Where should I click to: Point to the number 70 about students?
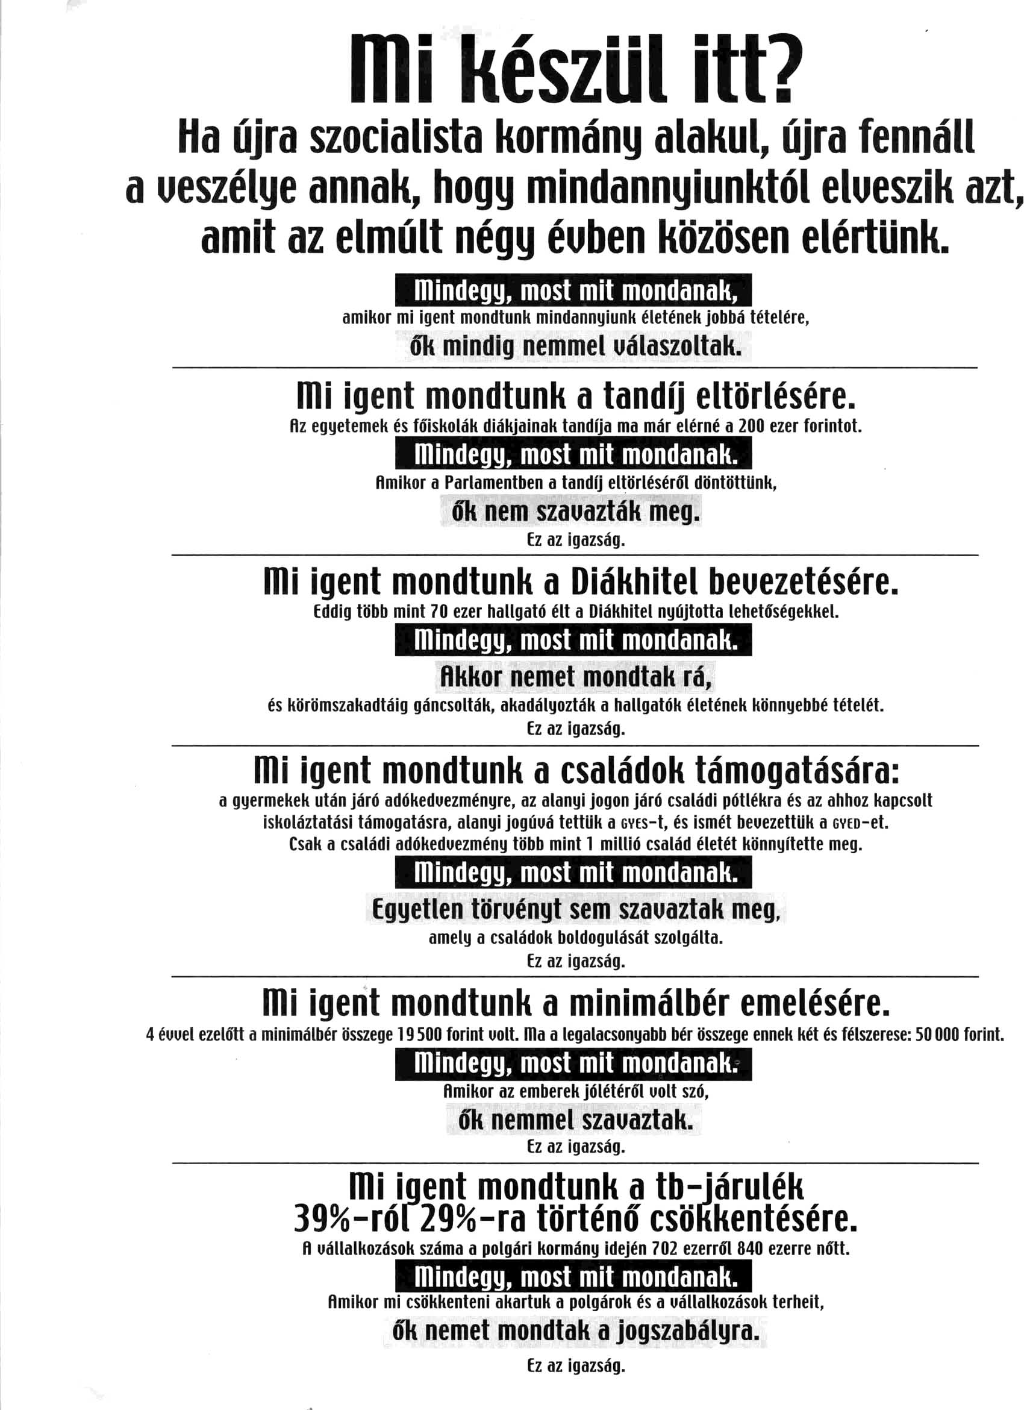[439, 612]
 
